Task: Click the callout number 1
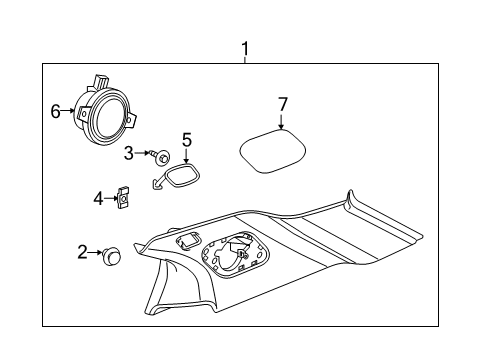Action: [x=245, y=48]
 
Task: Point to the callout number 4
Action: [x=98, y=199]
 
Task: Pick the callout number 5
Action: [x=186, y=139]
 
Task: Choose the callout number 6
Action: [x=55, y=111]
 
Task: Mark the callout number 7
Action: [x=283, y=104]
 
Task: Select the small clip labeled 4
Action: [x=123, y=198]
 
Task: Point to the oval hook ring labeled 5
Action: [x=182, y=179]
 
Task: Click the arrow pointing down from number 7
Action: [x=283, y=122]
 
